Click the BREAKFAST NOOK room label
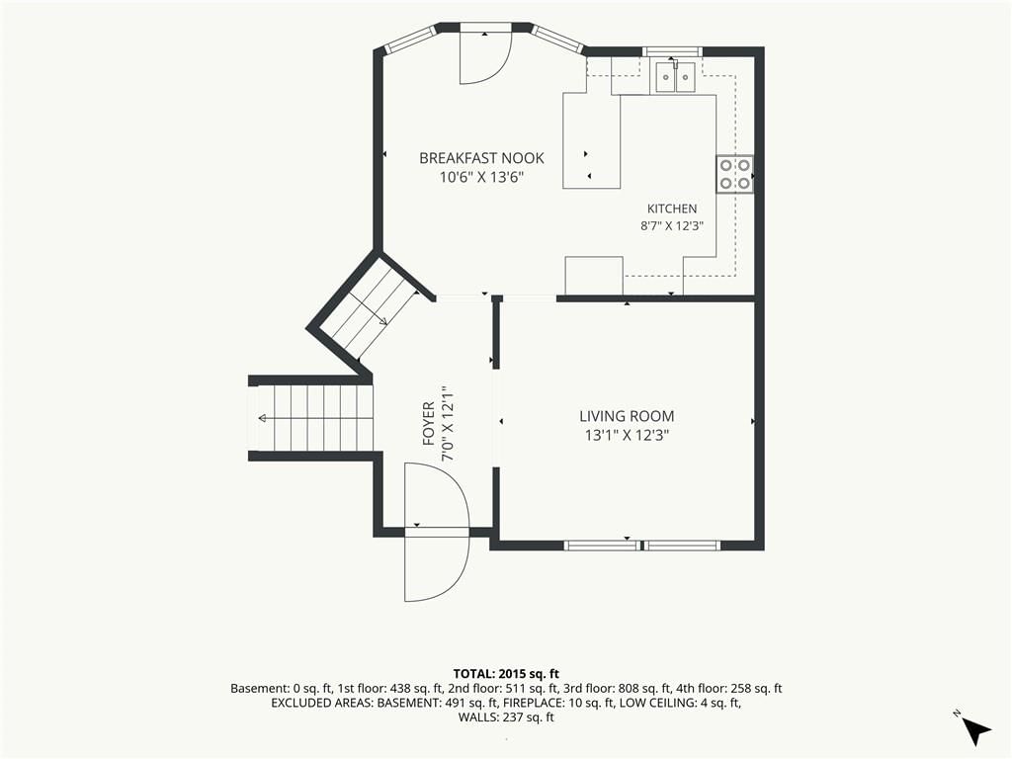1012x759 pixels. (x=481, y=158)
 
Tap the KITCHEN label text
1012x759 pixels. (x=672, y=209)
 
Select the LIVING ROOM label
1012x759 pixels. (x=627, y=416)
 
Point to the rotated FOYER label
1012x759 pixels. (x=429, y=424)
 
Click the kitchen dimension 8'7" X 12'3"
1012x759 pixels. (x=672, y=226)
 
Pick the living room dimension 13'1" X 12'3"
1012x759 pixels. (x=627, y=436)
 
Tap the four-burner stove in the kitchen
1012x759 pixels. (x=734, y=174)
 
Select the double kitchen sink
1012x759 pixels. (x=675, y=76)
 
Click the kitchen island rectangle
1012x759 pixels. (x=591, y=140)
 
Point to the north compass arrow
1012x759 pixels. (x=975, y=730)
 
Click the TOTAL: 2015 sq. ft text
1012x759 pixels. (x=506, y=675)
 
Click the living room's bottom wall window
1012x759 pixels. (x=641, y=545)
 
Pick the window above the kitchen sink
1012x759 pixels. (x=672, y=51)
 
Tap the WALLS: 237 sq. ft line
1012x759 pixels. (x=506, y=717)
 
